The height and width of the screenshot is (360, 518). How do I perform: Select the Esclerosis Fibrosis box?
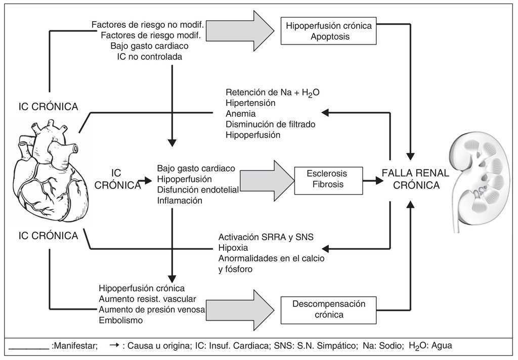tap(328, 179)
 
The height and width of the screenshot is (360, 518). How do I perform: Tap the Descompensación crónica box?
tap(329, 309)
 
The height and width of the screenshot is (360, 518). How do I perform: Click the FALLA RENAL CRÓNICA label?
tap(415, 179)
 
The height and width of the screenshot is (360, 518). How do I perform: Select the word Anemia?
tap(241, 114)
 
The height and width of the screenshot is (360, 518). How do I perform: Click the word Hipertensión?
tap(250, 103)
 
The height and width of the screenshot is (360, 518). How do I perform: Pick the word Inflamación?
tap(180, 201)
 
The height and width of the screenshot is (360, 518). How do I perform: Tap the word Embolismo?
tap(120, 320)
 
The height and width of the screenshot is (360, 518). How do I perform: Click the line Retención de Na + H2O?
tap(273, 92)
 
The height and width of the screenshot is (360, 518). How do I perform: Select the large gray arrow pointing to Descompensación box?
tap(238, 309)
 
